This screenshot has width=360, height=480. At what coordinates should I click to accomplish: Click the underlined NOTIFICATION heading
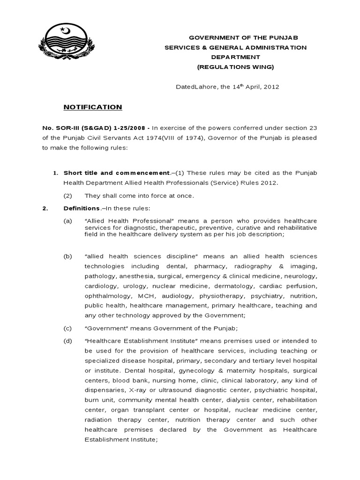(93, 107)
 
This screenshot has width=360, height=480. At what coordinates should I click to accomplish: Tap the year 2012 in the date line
(271, 87)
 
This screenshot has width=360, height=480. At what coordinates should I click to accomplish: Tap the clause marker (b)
(68, 256)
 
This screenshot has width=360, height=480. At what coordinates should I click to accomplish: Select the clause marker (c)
(68, 328)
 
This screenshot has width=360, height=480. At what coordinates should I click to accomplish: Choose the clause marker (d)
(68, 341)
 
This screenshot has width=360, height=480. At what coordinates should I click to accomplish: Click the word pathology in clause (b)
(100, 276)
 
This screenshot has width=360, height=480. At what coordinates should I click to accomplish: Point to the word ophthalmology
(108, 296)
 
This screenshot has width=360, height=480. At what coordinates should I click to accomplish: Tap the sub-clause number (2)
(68, 195)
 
